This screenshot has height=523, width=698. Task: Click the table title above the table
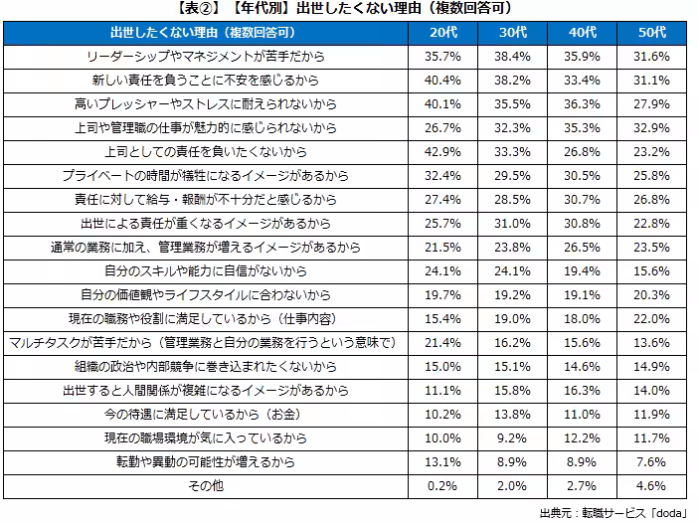[349, 9]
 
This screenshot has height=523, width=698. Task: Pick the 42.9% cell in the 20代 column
[442, 152]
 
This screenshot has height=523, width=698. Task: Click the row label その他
[206, 486]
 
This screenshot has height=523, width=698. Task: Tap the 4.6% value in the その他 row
[651, 486]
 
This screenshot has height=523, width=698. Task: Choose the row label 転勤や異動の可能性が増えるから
[206, 462]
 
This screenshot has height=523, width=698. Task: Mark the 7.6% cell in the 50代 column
[651, 462]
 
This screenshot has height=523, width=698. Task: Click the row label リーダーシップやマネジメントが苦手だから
[206, 58]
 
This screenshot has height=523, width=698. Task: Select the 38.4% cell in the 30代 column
[512, 58]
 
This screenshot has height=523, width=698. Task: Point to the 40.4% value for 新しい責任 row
[442, 82]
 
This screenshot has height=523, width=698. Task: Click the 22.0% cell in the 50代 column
[651, 319]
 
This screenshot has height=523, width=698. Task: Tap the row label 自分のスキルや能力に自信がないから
[206, 271]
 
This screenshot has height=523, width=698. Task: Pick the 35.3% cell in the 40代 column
[582, 129]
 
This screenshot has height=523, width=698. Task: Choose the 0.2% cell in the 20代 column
[442, 486]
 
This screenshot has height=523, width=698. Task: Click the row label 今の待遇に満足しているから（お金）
[206, 415]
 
